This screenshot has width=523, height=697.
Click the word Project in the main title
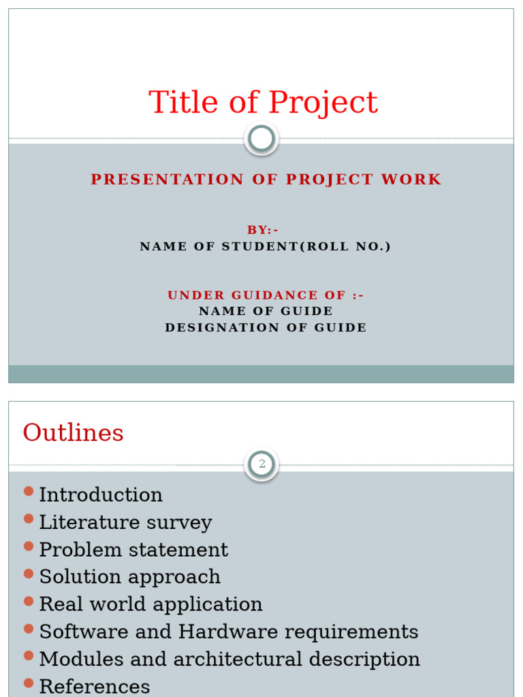pos(323,103)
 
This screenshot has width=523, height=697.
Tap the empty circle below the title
pos(261,139)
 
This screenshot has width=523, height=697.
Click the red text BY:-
pos(262,230)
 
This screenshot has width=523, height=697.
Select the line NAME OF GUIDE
pos(266,311)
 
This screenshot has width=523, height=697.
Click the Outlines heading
pos(74,433)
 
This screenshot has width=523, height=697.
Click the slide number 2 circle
pos(261,465)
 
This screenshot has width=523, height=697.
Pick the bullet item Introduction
pos(101,495)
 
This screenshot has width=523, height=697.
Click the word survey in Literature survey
pos(180,523)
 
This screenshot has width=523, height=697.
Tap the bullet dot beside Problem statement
pos(29,546)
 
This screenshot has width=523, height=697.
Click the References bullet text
pos(95,687)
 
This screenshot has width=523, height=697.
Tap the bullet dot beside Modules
pos(29,655)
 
